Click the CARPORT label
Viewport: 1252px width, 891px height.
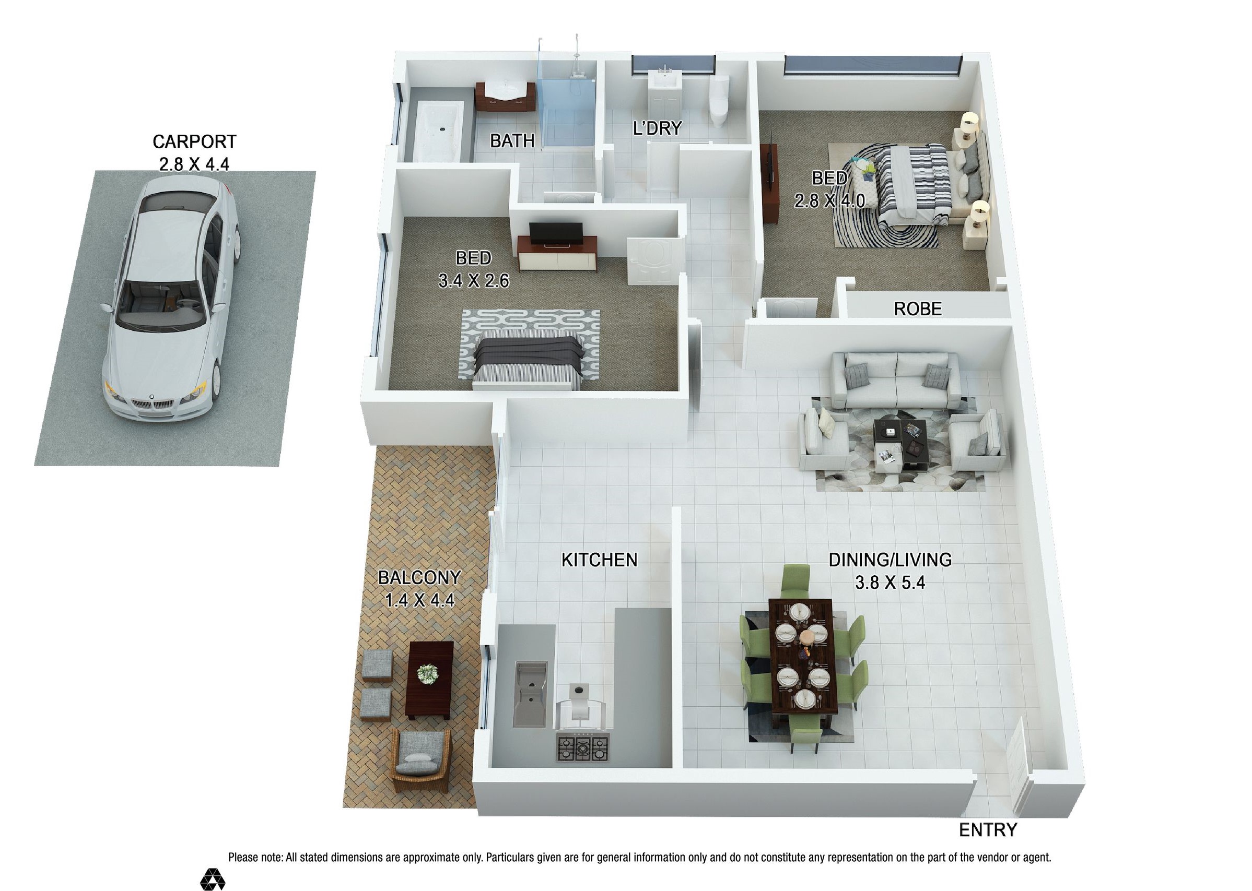click(x=194, y=141)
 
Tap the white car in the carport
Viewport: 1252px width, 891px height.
click(x=170, y=301)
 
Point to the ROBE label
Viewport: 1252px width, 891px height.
click(x=917, y=309)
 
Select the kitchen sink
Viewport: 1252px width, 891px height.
click(x=531, y=694)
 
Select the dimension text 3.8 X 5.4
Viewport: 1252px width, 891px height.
click(x=890, y=582)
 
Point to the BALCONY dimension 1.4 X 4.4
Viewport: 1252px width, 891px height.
click(x=419, y=600)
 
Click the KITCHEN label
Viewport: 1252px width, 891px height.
click(x=600, y=560)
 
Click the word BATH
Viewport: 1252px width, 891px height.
click(x=512, y=141)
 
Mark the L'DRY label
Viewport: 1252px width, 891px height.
click(x=657, y=128)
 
